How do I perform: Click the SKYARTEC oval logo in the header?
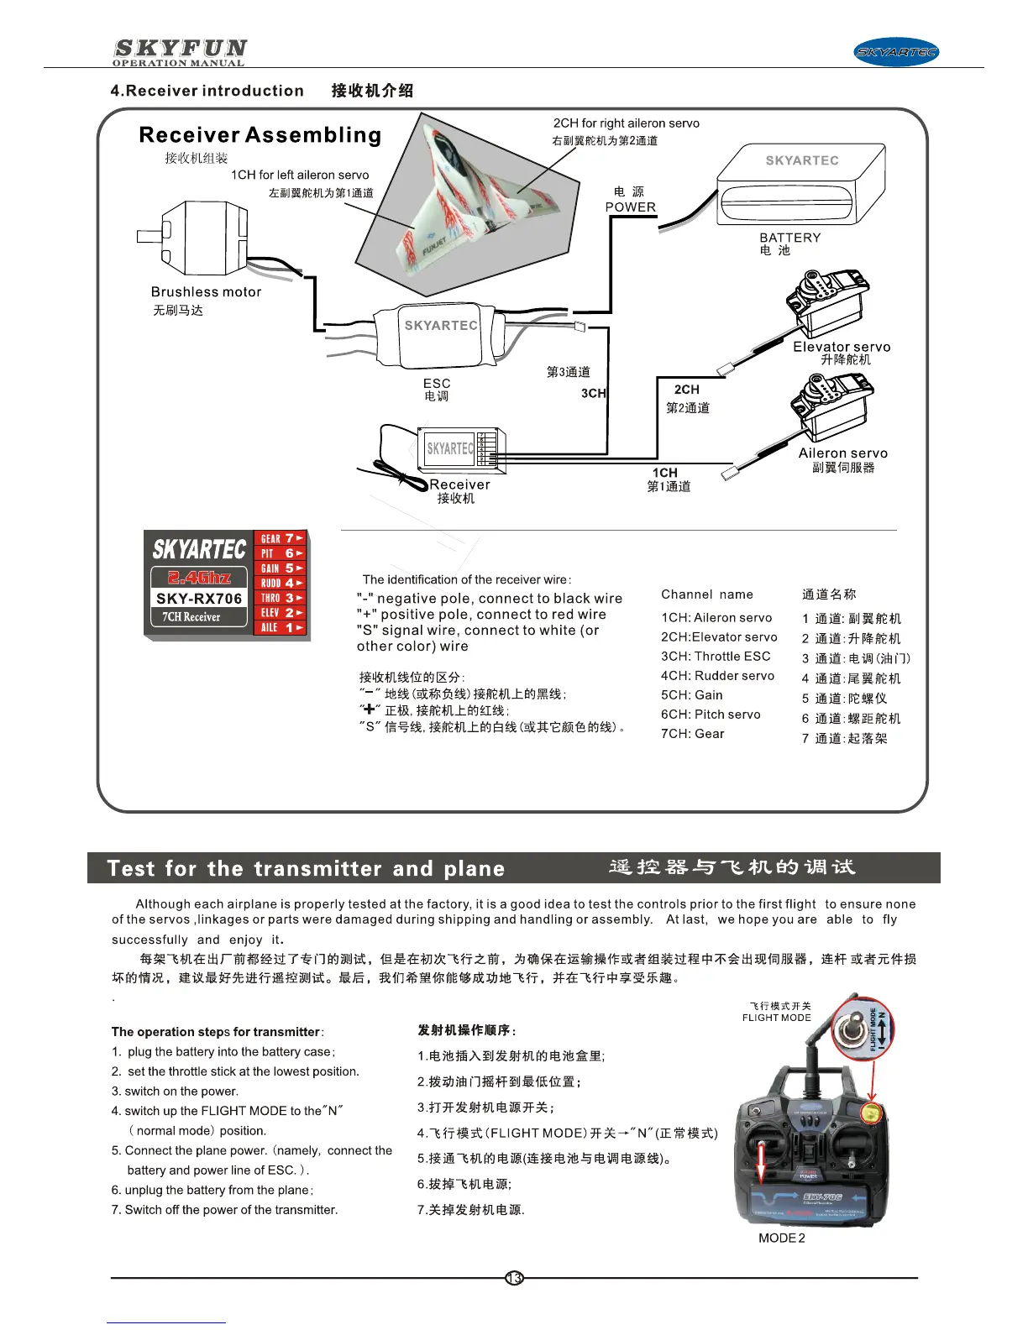[x=896, y=52]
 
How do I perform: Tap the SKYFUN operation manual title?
[x=180, y=52]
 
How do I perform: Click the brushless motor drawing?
[x=202, y=238]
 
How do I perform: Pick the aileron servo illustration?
[x=831, y=407]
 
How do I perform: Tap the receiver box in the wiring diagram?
[x=460, y=448]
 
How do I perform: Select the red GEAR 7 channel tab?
[x=281, y=538]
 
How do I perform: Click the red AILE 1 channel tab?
[x=281, y=627]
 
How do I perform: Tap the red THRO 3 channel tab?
[x=281, y=598]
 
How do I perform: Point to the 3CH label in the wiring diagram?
[x=593, y=393]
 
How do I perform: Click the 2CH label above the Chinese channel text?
[x=686, y=390]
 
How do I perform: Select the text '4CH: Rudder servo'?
[x=717, y=676]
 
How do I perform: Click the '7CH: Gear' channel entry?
[x=692, y=734]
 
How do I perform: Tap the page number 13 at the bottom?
[x=514, y=1278]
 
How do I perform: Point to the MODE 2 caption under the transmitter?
[x=781, y=1238]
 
